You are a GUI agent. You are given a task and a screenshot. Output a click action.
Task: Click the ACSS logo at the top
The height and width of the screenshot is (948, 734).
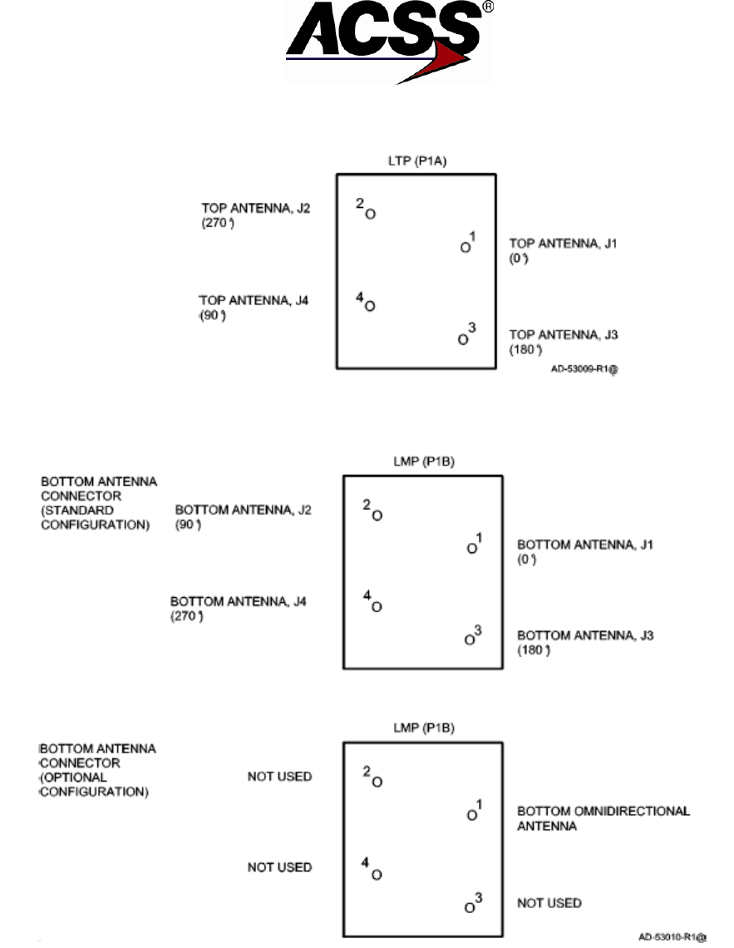tap(389, 42)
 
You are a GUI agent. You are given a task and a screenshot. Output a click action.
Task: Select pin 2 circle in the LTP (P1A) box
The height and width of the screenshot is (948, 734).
tap(371, 215)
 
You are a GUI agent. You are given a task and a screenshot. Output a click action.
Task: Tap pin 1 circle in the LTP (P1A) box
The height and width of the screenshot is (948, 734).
tap(465, 247)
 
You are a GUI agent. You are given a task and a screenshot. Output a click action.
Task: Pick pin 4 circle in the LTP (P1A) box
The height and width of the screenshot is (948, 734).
tap(370, 306)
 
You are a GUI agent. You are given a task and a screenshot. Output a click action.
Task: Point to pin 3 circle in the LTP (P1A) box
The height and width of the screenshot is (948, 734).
tap(463, 338)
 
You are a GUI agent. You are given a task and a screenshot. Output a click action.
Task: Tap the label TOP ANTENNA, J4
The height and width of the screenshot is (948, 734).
tap(254, 301)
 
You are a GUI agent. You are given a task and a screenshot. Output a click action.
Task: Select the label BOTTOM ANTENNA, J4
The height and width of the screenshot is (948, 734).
tap(239, 600)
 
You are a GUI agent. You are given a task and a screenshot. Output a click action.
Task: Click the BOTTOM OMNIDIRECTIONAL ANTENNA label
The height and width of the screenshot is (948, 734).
tap(603, 818)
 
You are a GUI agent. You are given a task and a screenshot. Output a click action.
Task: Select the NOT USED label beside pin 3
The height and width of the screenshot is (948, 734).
tap(549, 902)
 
